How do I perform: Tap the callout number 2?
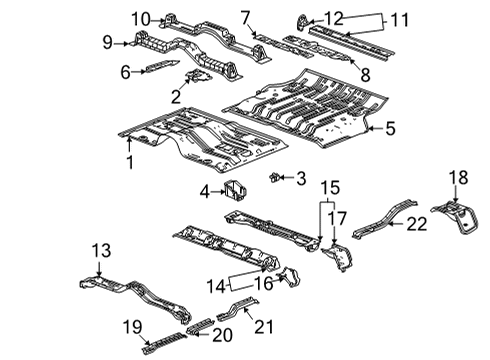(x=176, y=96)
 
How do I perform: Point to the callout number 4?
(x=205, y=190)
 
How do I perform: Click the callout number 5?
(x=390, y=127)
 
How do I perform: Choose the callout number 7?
(x=245, y=16)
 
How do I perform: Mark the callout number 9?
(x=108, y=42)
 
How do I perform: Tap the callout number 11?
(x=399, y=18)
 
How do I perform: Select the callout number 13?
(x=101, y=249)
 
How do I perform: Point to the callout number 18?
(x=457, y=177)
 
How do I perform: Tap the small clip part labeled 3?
(x=274, y=177)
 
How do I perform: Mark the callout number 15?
(x=330, y=186)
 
